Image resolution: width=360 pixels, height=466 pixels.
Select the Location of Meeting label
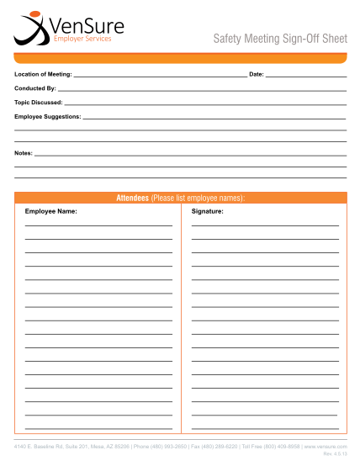click(43, 75)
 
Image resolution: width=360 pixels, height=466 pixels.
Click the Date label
click(257, 75)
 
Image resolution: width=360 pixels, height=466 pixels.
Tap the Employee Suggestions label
click(48, 116)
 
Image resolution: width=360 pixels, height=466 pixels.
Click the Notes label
click(24, 153)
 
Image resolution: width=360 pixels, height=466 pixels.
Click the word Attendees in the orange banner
click(132, 198)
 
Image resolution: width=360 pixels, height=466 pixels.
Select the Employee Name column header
click(50, 211)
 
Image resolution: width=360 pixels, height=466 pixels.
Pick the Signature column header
click(207, 211)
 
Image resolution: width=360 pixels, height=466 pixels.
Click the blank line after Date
click(306, 77)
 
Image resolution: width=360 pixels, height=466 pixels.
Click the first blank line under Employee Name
click(98, 225)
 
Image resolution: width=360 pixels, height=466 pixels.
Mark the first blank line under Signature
click(265, 225)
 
